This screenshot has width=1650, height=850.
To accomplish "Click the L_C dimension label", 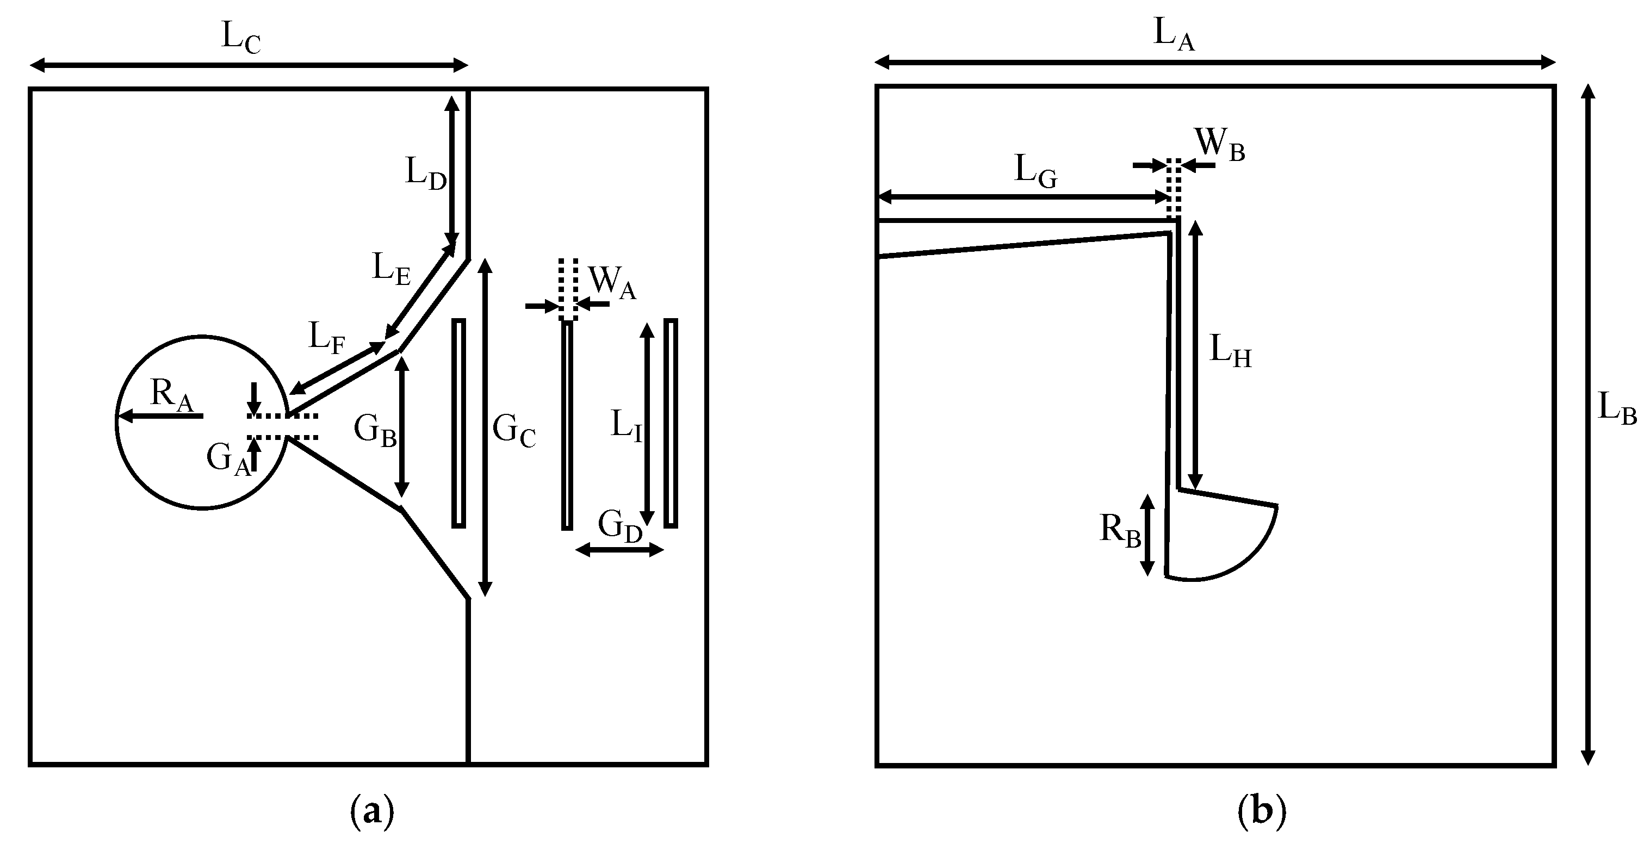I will coord(241,37).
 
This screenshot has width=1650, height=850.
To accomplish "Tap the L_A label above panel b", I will coord(1174,34).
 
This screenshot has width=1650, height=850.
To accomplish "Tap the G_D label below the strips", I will coord(619,526).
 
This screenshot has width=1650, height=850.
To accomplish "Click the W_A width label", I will coord(612,282).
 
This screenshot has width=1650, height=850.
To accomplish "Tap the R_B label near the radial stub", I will coord(1120,531).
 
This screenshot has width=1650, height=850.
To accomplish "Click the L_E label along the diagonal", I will coord(390,269).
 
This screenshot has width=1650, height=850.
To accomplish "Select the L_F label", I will coord(327,338).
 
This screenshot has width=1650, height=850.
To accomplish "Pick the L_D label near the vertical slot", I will coord(425,173).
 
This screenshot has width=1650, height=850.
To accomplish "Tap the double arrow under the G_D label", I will coord(619,550).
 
